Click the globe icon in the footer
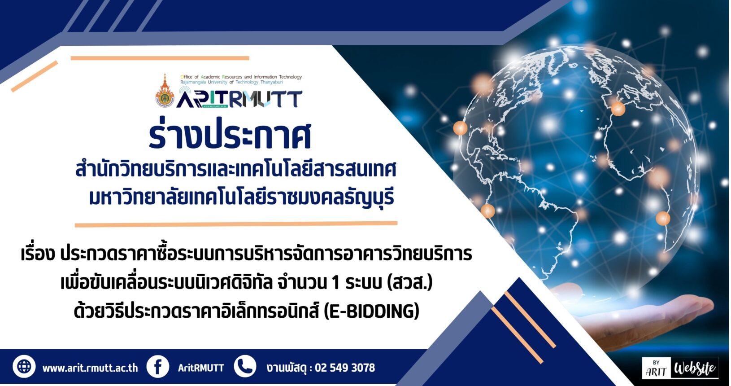tap(24, 366)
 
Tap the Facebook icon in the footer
tap(158, 366)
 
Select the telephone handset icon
tap(245, 366)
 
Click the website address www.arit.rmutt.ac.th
tap(90, 368)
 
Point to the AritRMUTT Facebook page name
tap(201, 368)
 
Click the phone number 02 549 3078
tap(345, 368)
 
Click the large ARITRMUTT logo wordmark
tap(239, 99)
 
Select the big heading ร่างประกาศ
tap(230, 135)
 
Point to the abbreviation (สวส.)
tap(409, 282)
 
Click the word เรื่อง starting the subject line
tap(37, 254)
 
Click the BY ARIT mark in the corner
tap(656, 369)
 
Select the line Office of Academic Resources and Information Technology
tap(241, 77)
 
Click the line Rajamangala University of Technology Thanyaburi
tap(232, 82)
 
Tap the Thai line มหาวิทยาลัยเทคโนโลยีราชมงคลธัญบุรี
tap(242, 198)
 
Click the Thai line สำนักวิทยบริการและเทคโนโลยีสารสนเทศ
tap(236, 170)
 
